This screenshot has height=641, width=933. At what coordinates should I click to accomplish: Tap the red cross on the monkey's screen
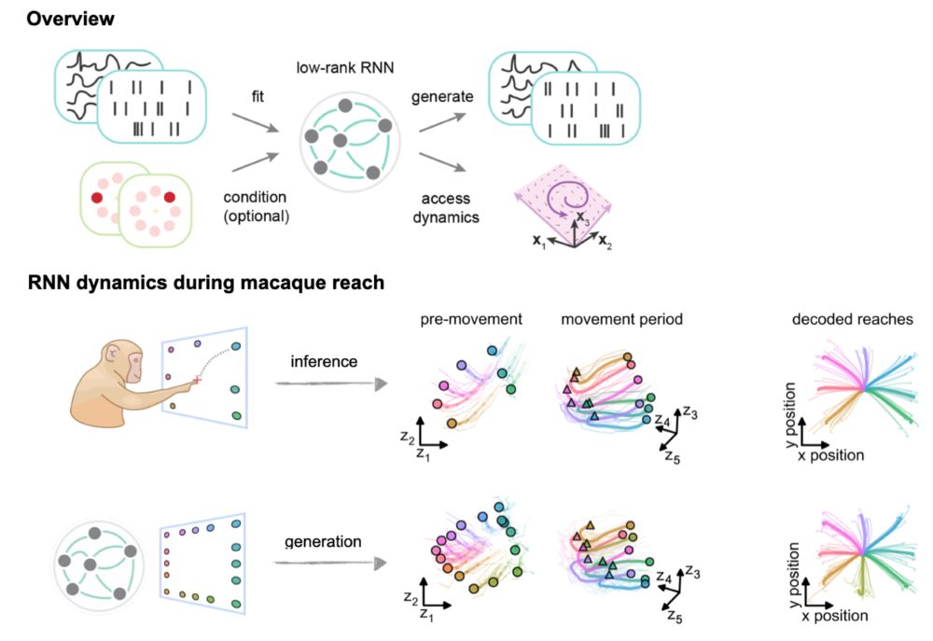197,379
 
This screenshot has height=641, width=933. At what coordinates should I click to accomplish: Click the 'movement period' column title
622,320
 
